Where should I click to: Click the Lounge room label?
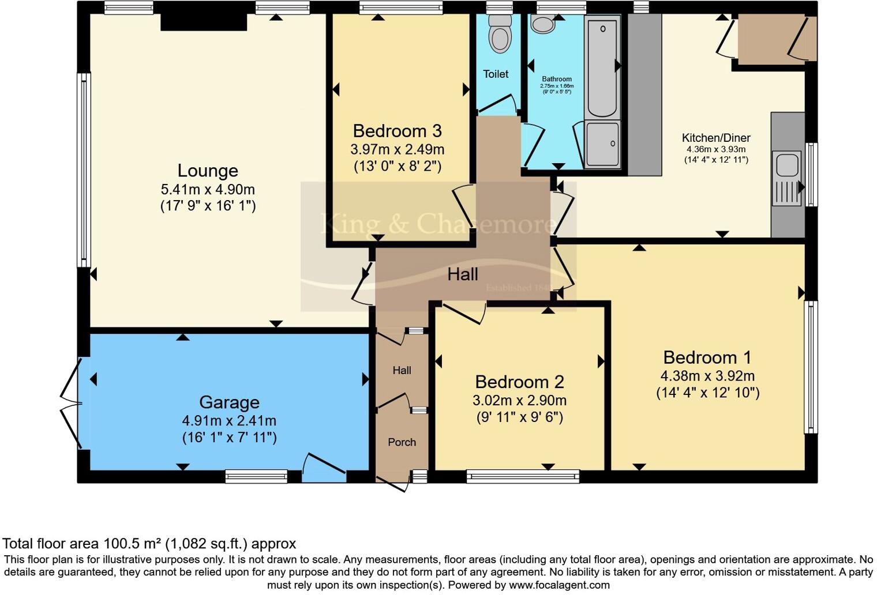click(x=208, y=171)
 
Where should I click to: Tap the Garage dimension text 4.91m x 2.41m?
click(x=229, y=421)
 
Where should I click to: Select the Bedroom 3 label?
click(x=397, y=131)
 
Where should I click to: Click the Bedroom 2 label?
click(x=519, y=382)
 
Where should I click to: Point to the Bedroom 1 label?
click(x=707, y=357)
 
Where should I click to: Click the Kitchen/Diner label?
click(x=716, y=138)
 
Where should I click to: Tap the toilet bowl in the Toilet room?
click(x=499, y=35)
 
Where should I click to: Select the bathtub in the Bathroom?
click(x=602, y=66)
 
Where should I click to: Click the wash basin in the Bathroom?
click(x=543, y=24)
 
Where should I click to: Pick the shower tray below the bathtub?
click(x=602, y=144)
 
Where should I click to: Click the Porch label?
click(x=402, y=442)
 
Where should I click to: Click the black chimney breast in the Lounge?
click(x=204, y=22)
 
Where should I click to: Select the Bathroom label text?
click(x=557, y=79)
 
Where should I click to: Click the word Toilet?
click(x=496, y=74)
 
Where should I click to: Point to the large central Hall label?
click(x=463, y=274)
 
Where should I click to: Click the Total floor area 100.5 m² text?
click(x=149, y=544)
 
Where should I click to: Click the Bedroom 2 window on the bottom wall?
click(x=523, y=476)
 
